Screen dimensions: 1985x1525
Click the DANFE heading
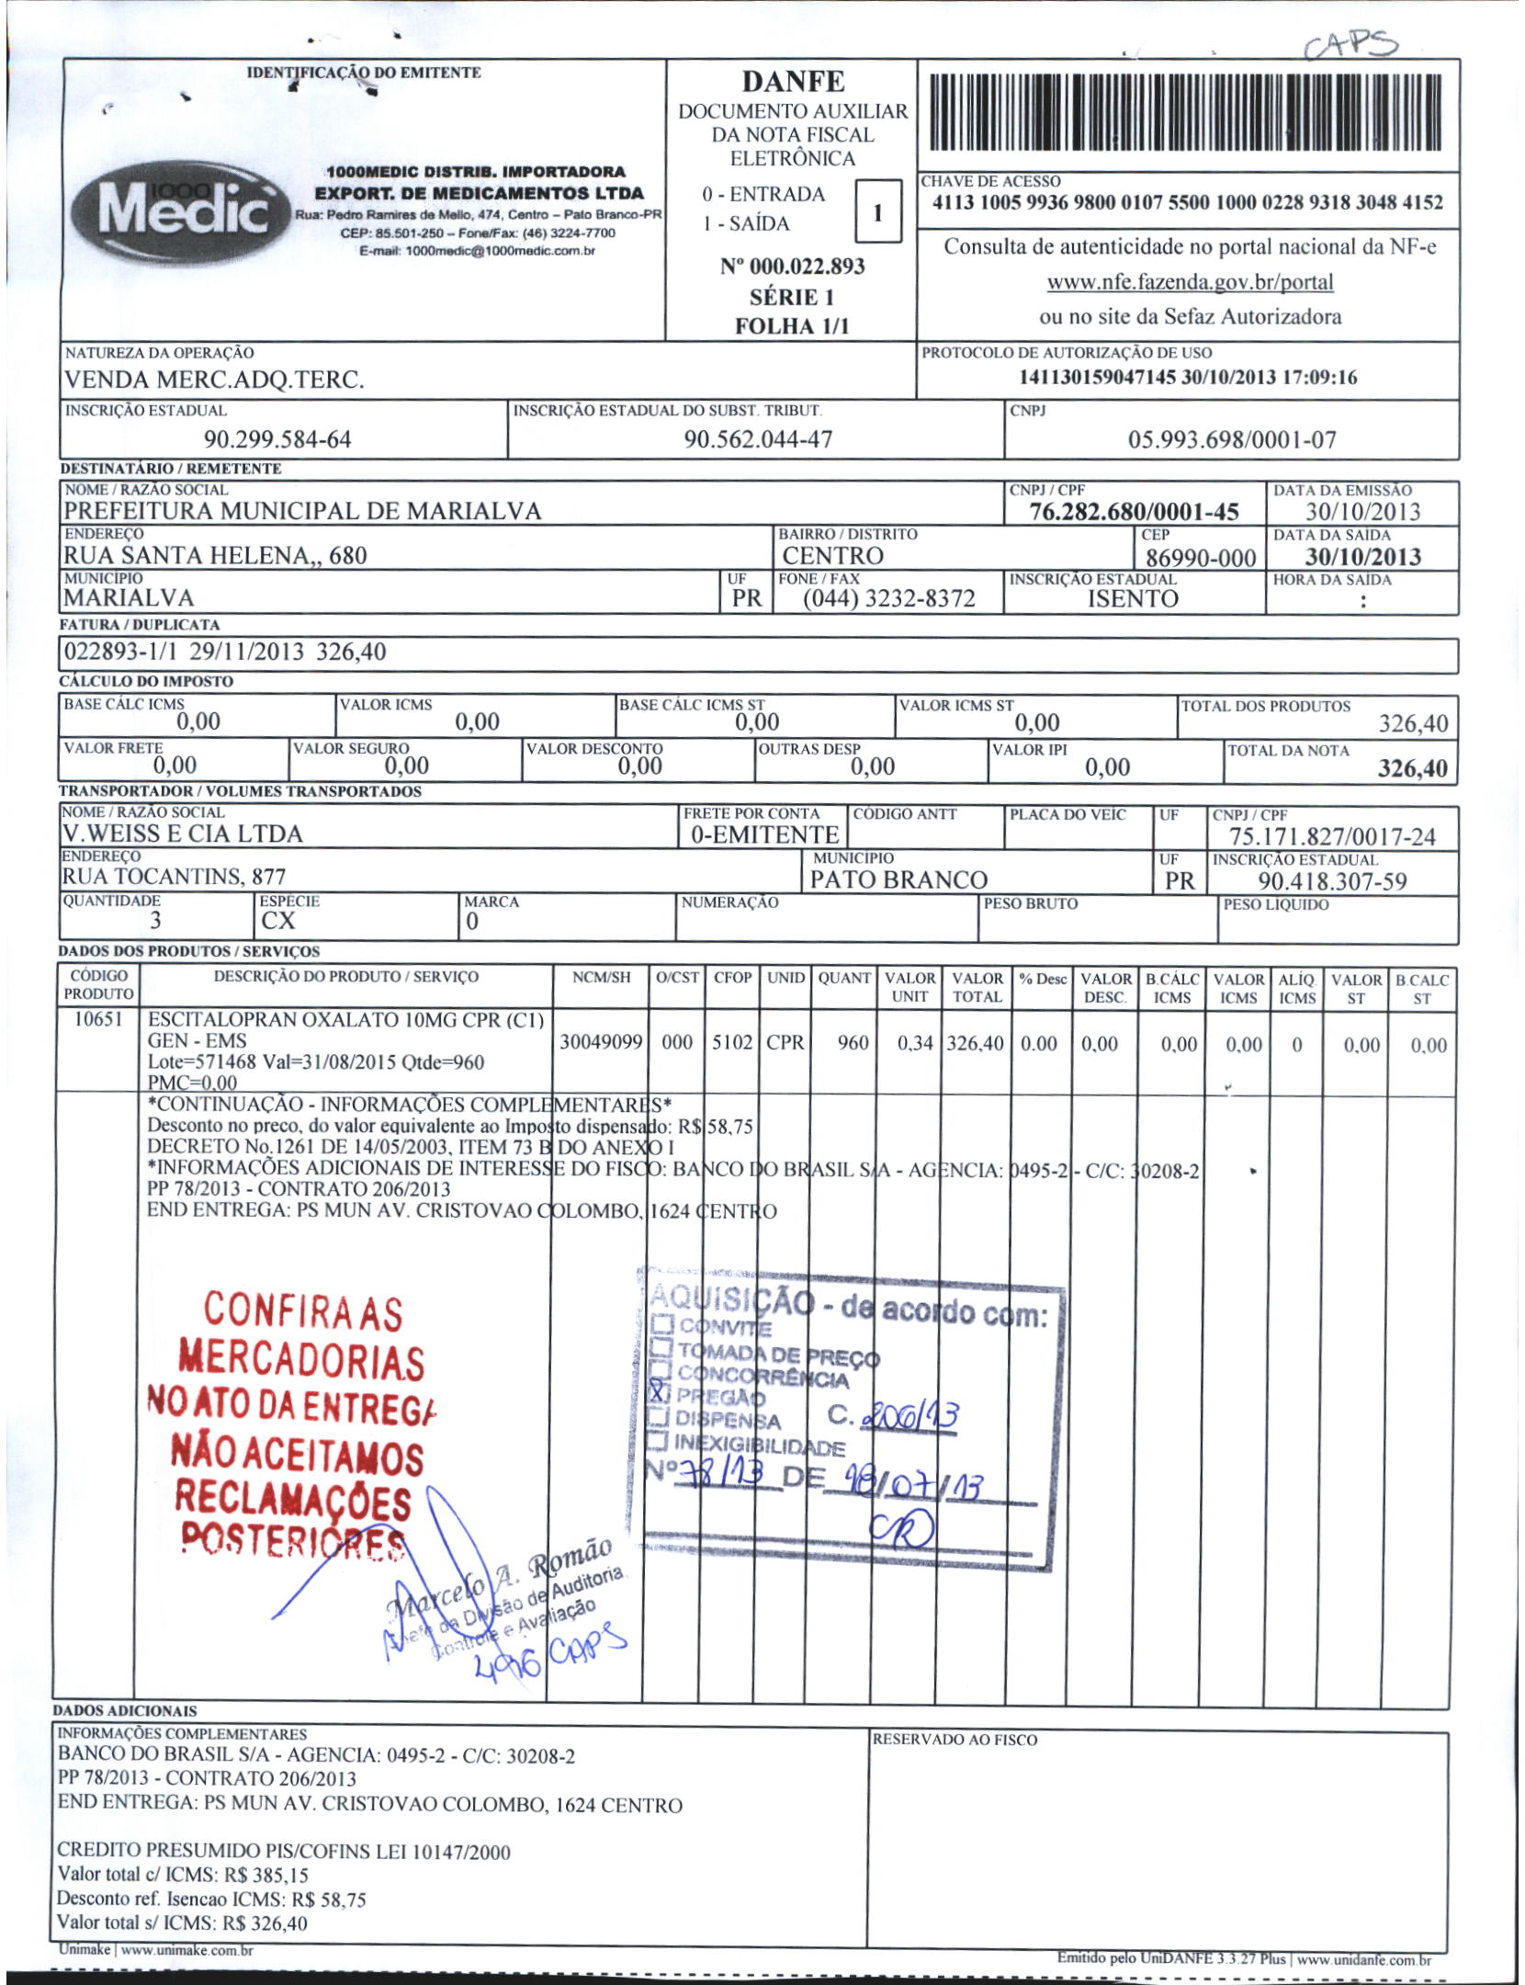coord(793,82)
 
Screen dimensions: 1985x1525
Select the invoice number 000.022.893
coord(793,267)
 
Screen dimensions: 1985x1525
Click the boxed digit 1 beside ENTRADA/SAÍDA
coord(877,212)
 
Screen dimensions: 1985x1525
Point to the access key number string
coord(1187,203)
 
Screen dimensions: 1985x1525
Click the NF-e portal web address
coord(1190,282)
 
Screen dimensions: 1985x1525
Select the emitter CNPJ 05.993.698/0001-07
coord(1232,440)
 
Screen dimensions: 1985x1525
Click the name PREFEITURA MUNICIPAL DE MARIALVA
coord(302,511)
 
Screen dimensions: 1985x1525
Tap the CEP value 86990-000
coord(1201,558)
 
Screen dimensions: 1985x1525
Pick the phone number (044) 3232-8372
coord(888,599)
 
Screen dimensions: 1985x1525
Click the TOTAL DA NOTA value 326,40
coord(1412,768)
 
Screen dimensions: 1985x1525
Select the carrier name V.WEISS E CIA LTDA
coord(182,834)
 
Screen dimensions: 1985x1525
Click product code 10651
coord(97,1019)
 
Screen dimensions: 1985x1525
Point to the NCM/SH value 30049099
coord(601,1043)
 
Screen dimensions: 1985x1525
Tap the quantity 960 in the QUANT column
coord(853,1043)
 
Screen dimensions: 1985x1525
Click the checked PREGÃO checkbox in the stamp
coord(659,1391)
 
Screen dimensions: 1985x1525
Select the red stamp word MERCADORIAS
coord(300,1360)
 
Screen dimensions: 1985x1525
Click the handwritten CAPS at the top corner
coord(1350,43)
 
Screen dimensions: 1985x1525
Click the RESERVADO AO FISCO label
coord(955,1740)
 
